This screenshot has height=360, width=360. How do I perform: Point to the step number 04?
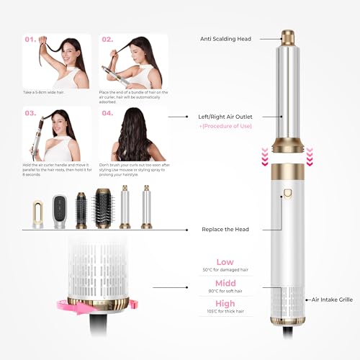[107, 112]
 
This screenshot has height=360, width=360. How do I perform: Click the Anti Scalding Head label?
[225, 39]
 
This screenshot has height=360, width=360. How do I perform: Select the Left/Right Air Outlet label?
[229, 116]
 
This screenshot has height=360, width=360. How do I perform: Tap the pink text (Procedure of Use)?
[232, 127]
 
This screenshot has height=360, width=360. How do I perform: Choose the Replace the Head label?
[225, 230]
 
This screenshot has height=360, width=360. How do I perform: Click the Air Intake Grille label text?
[335, 298]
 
